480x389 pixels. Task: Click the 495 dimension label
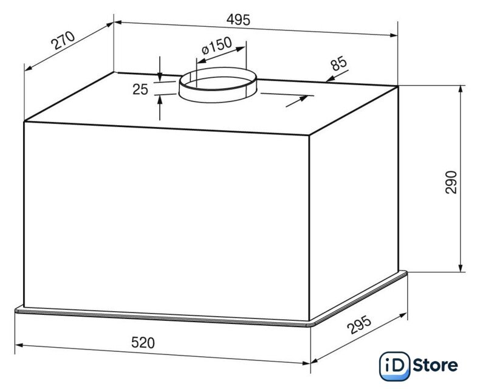[x=238, y=20]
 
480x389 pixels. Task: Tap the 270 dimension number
[x=63, y=40]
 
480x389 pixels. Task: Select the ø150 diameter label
[x=217, y=46]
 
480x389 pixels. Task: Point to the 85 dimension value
[x=339, y=63]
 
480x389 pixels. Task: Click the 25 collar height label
[x=140, y=89]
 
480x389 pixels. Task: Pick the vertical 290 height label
[x=451, y=182]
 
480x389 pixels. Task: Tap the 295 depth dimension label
[x=359, y=325]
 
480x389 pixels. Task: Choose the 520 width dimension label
[x=143, y=343]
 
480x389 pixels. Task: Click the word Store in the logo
[x=435, y=365]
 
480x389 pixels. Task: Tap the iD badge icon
[x=394, y=367]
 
